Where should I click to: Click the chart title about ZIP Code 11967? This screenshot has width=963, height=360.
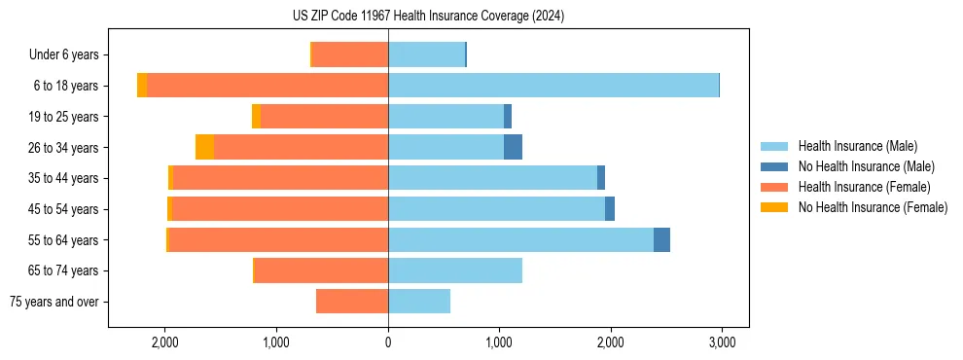coord(428,17)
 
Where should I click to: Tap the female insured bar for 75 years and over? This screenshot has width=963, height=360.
coord(352,302)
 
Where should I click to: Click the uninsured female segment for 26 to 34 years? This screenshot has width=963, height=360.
coord(204,147)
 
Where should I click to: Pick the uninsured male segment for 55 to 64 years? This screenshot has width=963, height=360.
coord(661,239)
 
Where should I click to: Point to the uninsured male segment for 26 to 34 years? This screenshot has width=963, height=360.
coord(513,147)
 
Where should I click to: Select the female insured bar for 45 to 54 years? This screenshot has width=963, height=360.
coord(279,209)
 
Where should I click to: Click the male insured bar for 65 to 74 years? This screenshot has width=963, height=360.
coord(455,270)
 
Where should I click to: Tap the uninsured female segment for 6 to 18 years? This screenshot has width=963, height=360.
coord(142,86)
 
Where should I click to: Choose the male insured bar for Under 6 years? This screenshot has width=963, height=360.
coord(426,54)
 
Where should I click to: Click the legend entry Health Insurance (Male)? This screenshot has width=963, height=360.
coord(857,146)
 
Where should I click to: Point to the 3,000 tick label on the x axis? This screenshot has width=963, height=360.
coord(721,342)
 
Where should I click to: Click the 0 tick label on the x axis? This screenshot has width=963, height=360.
coord(388,342)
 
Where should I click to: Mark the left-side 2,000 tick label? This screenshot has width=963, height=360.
coord(165,342)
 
